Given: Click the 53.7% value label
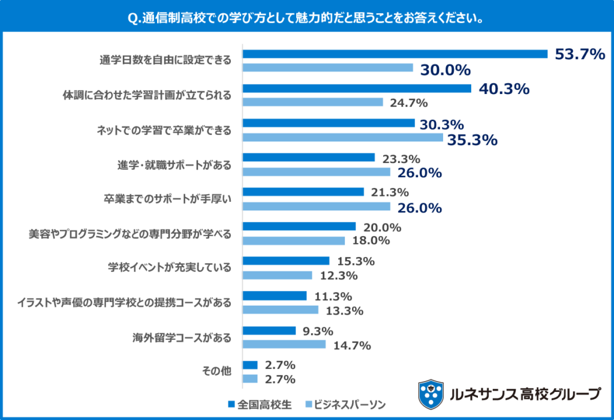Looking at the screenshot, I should (x=579, y=55).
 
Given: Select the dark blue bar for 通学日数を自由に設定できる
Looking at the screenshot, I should (x=395, y=54).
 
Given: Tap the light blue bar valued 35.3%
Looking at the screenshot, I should (x=342, y=138).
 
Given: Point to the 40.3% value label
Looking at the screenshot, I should (x=504, y=89).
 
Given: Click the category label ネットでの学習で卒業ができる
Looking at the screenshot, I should (x=164, y=130).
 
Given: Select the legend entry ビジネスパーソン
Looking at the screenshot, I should (x=345, y=404).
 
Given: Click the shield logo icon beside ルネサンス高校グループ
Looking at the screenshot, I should (x=431, y=393).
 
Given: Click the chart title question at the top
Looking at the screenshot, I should (x=306, y=18).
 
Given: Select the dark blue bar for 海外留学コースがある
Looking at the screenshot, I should (x=269, y=331).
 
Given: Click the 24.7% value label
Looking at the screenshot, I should (x=409, y=103).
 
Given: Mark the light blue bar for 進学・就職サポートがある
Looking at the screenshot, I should (x=316, y=173).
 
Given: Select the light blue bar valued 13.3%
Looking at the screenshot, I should (x=280, y=310).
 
